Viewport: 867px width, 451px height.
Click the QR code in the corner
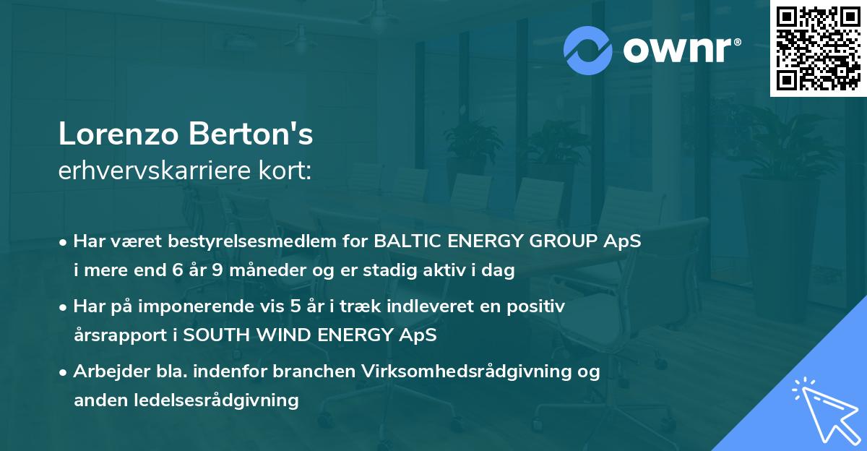(819, 48)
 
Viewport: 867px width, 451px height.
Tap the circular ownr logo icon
(588, 50)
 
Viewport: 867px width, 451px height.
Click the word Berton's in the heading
(251, 135)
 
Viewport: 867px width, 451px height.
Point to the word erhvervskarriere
(157, 171)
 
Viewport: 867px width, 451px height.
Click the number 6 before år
(178, 271)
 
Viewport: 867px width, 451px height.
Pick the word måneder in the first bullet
(256, 271)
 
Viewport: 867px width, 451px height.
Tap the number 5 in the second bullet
(295, 306)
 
